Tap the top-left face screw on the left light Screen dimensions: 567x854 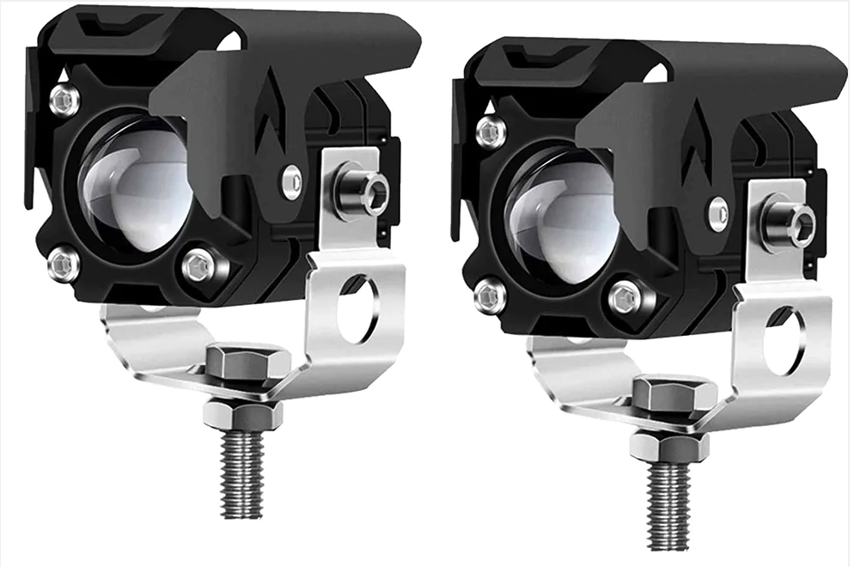click(64, 101)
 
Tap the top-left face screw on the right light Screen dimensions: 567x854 click(491, 132)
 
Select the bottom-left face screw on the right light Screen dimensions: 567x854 click(491, 296)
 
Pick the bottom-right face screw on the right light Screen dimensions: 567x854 click(625, 298)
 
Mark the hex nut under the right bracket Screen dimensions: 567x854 click(669, 448)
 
